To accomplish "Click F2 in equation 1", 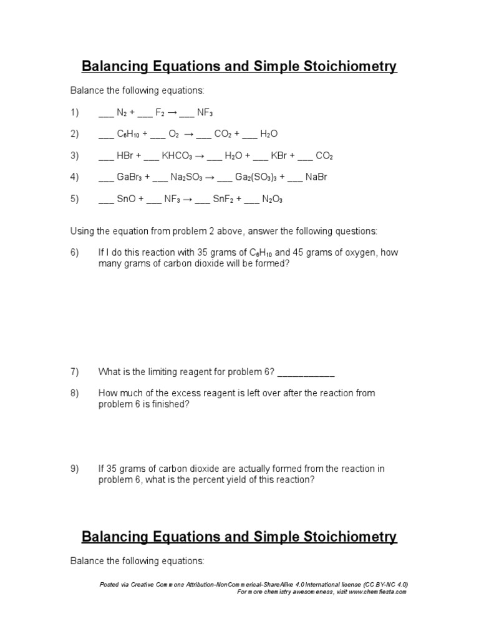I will pyautogui.click(x=160, y=112).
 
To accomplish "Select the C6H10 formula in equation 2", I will pyautogui.click(x=130, y=134).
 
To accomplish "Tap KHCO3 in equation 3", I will pyautogui.click(x=177, y=155).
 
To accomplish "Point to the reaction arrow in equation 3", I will pyautogui.click(x=201, y=155).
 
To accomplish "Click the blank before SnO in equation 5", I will pyautogui.click(x=106, y=200).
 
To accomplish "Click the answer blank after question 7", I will pyautogui.click(x=306, y=373).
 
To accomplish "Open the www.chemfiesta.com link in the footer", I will pyautogui.click(x=377, y=592).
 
